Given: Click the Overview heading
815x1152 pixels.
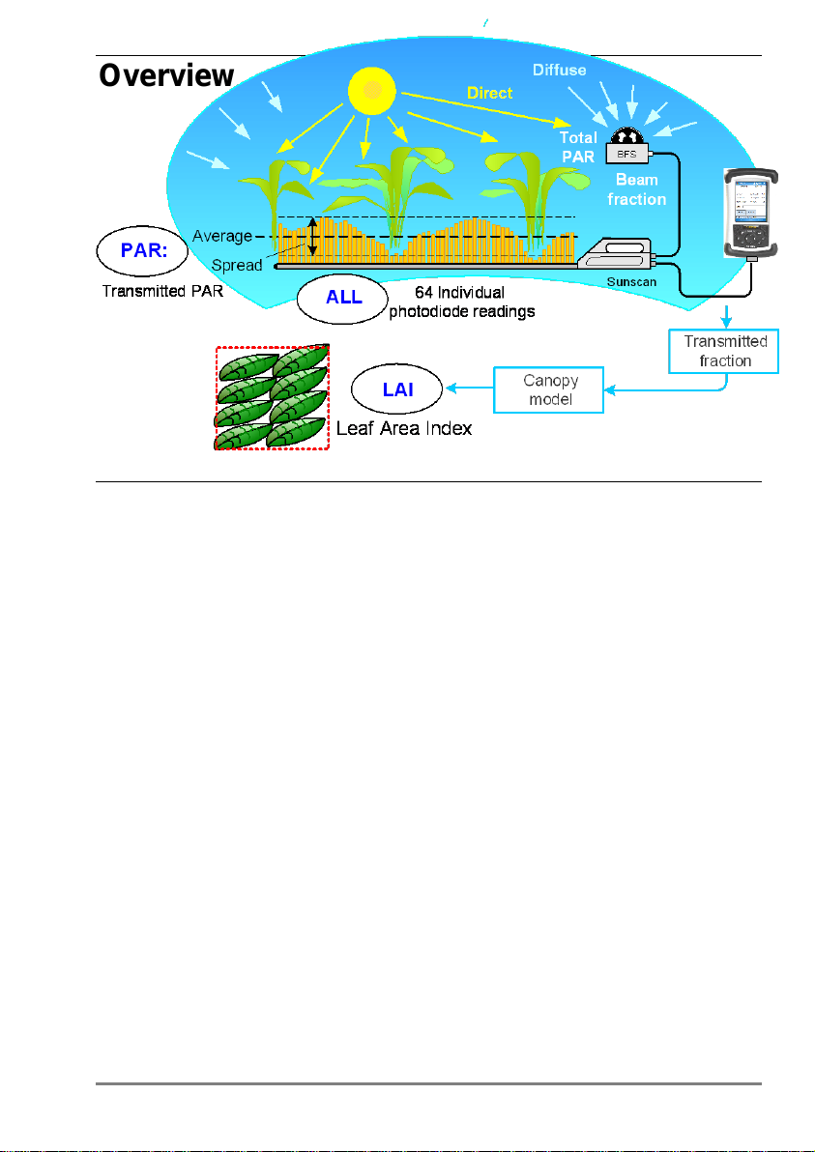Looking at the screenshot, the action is click(167, 75).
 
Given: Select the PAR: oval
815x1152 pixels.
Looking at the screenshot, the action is click(142, 250).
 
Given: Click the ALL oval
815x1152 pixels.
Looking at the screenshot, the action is click(342, 299).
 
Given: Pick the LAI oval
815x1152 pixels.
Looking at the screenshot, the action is click(397, 389).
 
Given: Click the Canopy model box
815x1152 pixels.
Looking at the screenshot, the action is click(548, 389).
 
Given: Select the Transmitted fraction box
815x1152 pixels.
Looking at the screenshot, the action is click(725, 351).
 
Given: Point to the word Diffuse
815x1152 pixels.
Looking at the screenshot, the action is click(559, 71).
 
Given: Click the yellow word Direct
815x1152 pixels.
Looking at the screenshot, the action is click(490, 94).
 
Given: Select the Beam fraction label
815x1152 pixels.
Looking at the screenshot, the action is click(636, 189).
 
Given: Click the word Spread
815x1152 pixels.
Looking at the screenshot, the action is click(236, 265).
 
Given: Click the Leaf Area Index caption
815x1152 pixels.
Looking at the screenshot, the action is click(404, 428).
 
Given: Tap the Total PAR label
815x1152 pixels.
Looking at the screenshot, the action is click(578, 146).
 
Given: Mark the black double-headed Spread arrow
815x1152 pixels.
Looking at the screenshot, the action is click(312, 237).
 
